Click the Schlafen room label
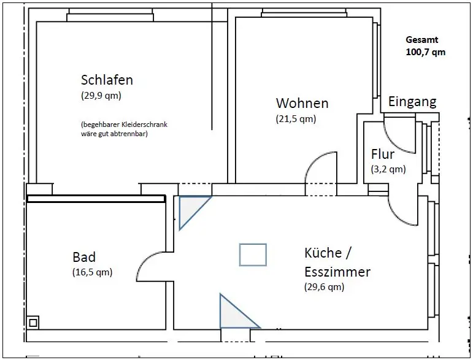pyautogui.click(x=107, y=80)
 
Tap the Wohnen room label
pyautogui.click(x=302, y=103)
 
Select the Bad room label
pyautogui.click(x=84, y=257)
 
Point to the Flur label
pyautogui.click(x=383, y=155)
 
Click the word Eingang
pyautogui.click(x=412, y=102)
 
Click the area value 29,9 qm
pyautogui.click(x=101, y=96)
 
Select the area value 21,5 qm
pyautogui.click(x=296, y=119)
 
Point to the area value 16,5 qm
pyautogui.click(x=92, y=272)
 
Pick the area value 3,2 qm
pyautogui.click(x=388, y=169)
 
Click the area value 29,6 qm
pyautogui.click(x=325, y=286)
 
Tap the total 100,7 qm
pyautogui.click(x=426, y=52)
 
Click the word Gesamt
pyautogui.click(x=422, y=40)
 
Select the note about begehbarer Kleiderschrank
pyautogui.click(x=123, y=129)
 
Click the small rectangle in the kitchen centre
pyautogui.click(x=253, y=255)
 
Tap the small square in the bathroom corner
pyautogui.click(x=33, y=321)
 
